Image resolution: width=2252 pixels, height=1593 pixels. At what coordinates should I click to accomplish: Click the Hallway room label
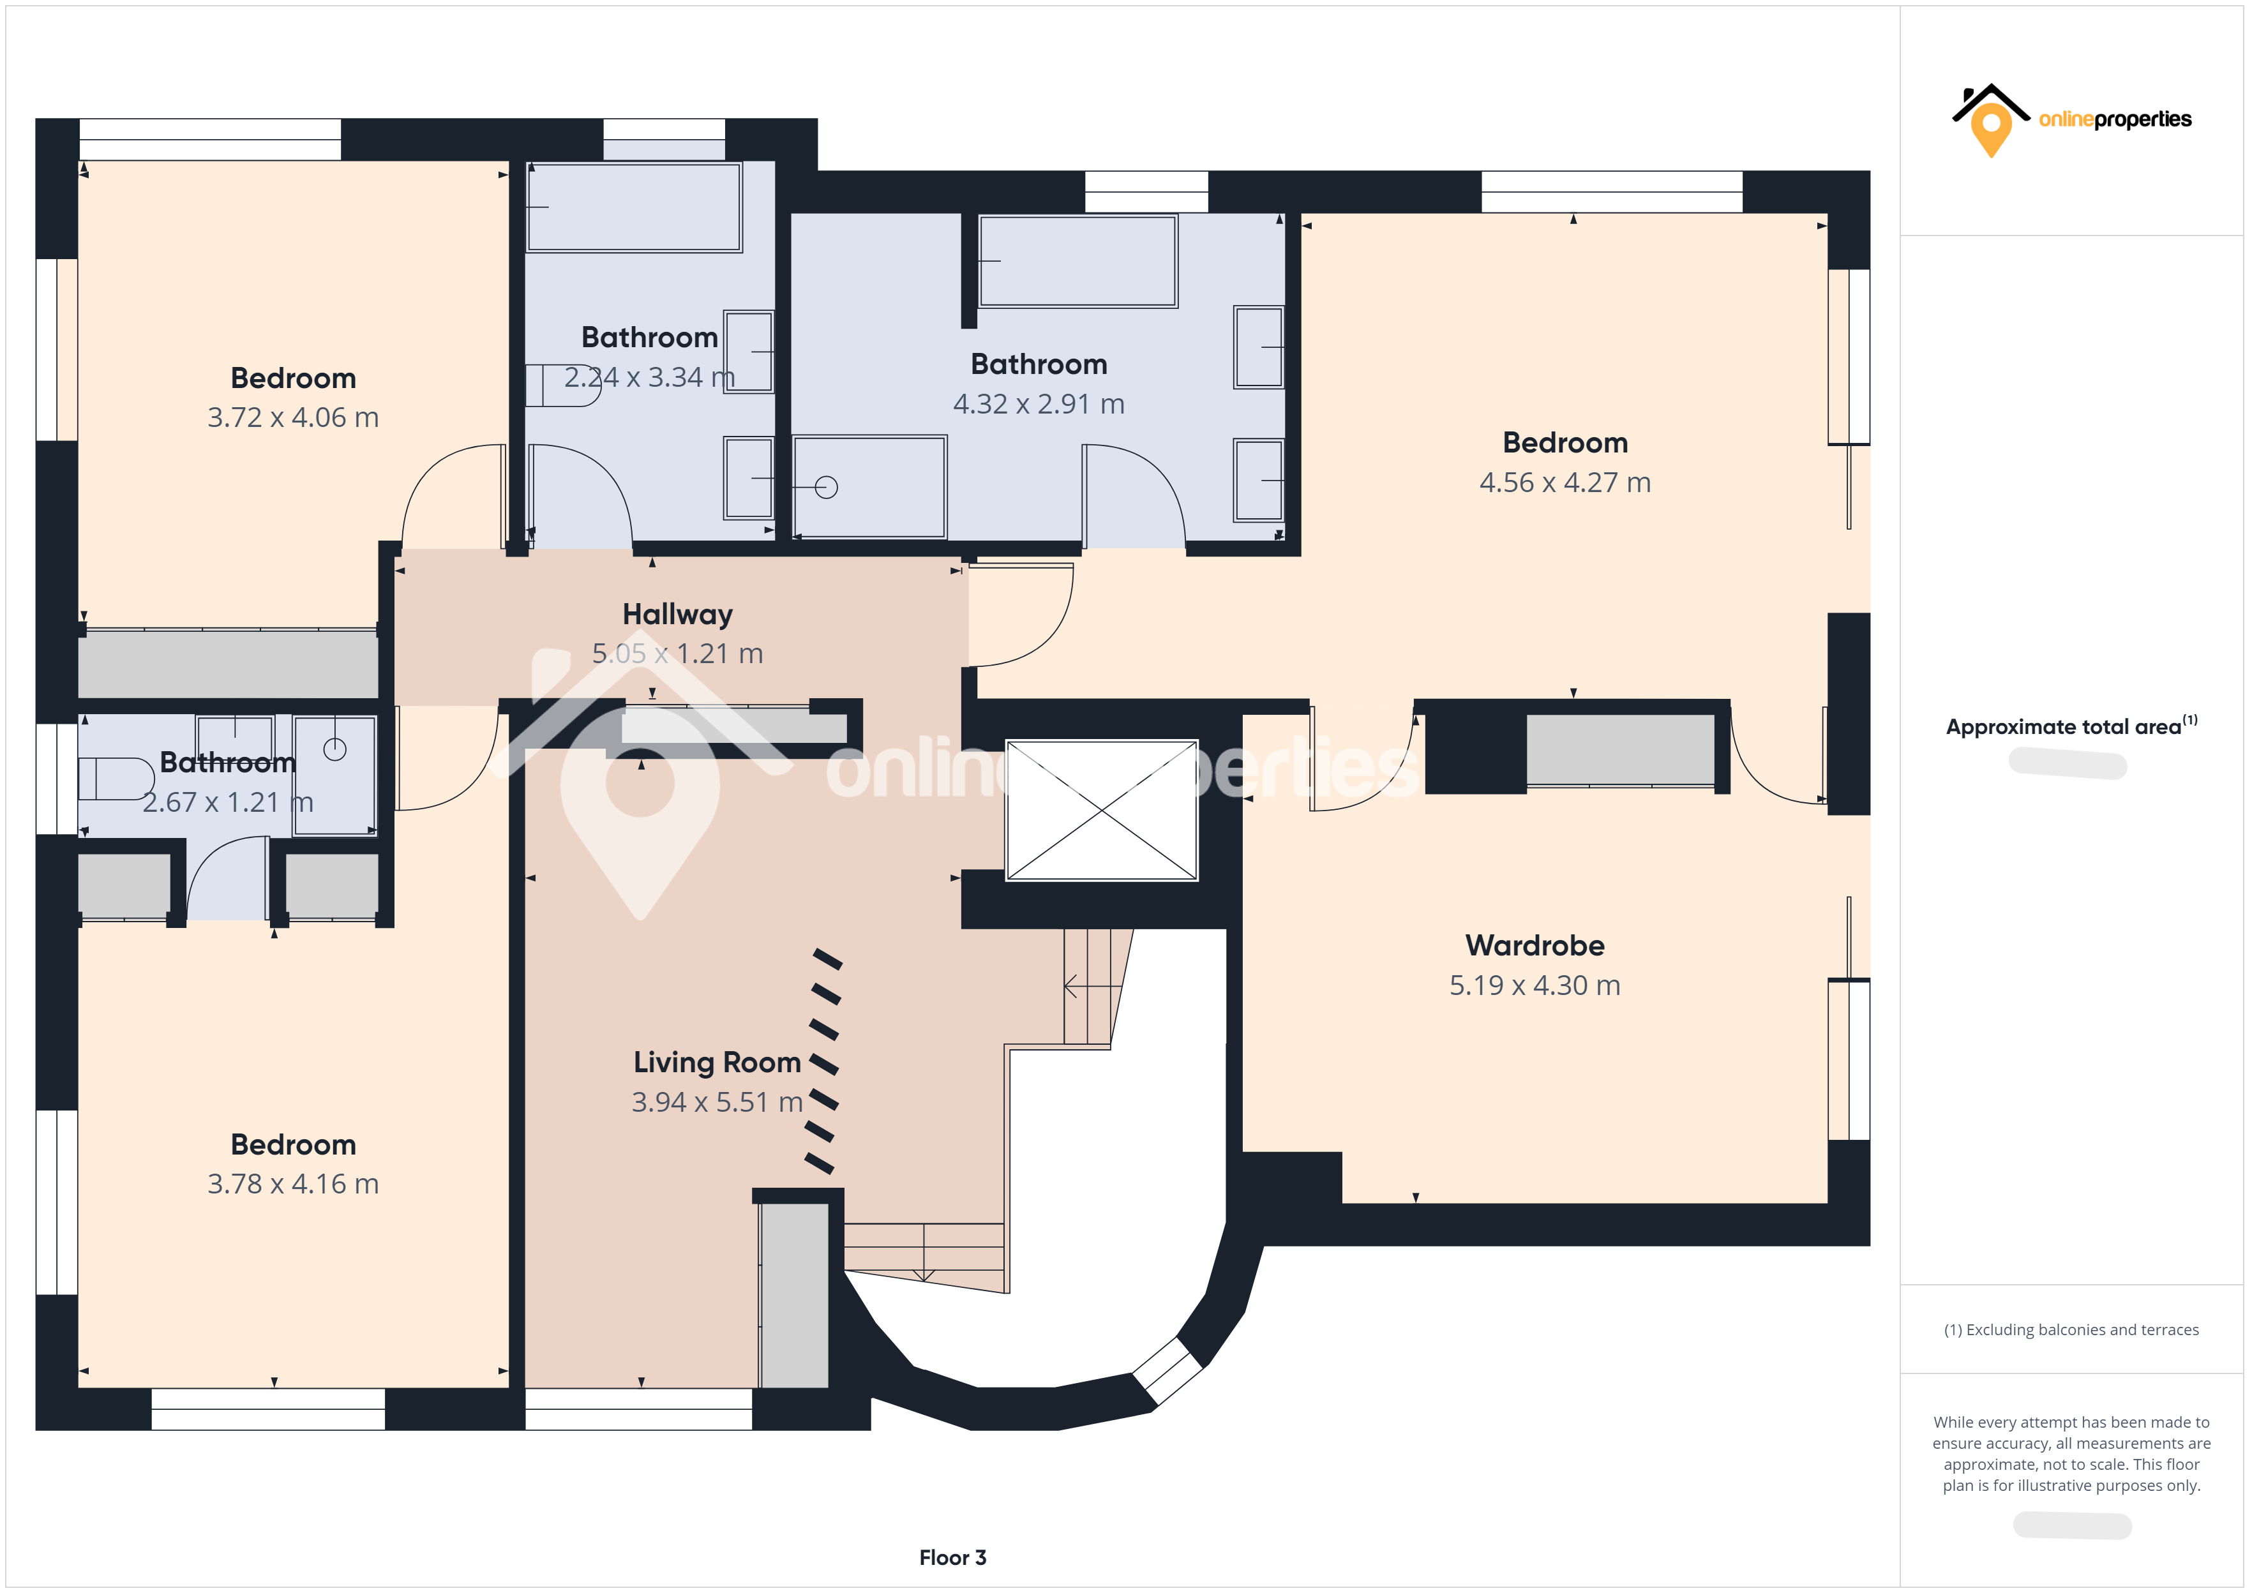[x=677, y=614]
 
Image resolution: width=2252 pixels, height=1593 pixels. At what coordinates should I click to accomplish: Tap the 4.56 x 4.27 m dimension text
[x=1565, y=482]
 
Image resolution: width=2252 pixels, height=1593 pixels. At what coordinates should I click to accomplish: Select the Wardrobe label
[x=1534, y=946]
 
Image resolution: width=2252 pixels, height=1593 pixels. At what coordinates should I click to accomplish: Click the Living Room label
[x=717, y=1063]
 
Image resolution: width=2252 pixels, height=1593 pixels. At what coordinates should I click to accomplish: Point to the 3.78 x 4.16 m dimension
[x=292, y=1184]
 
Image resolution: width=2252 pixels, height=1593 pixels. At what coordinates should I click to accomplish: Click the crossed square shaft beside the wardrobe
[x=1102, y=811]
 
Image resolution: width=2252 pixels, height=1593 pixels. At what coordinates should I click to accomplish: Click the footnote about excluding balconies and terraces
[x=2071, y=1330]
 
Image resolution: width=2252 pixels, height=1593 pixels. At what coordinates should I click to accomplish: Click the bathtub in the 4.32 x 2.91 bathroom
[x=1078, y=261]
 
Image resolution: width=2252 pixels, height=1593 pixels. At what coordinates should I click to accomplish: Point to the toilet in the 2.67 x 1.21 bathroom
[x=116, y=779]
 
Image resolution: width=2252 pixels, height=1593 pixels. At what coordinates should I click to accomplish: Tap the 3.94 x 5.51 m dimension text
[x=717, y=1103]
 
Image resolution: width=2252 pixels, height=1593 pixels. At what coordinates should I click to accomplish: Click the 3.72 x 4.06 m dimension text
[x=292, y=418]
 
